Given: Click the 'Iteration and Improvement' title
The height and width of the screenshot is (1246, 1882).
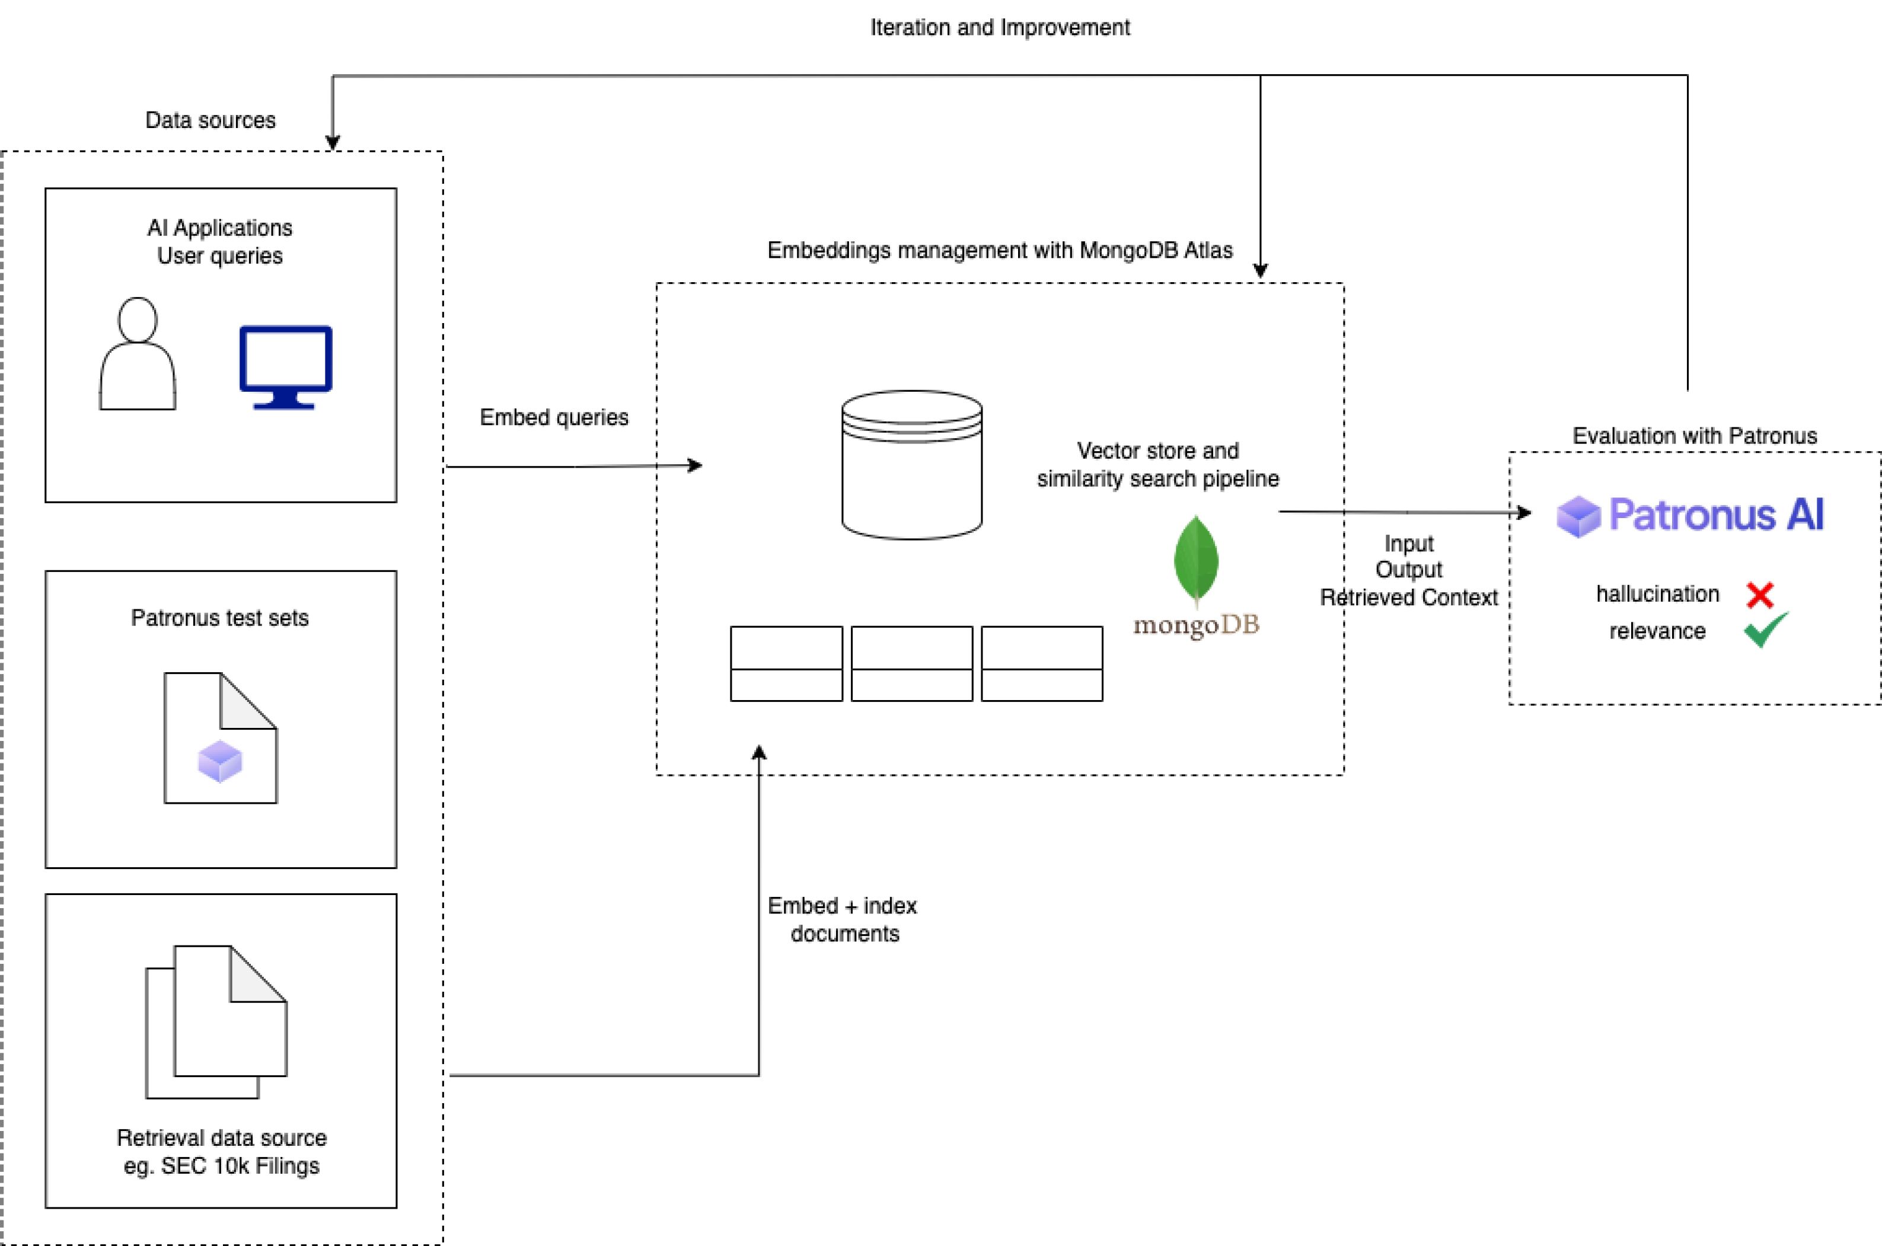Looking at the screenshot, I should [999, 28].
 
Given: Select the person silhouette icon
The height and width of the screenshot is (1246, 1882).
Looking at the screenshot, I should [138, 354].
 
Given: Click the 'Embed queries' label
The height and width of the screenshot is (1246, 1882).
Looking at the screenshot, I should [554, 417].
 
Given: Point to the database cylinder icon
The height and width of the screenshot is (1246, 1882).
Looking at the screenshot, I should [911, 465].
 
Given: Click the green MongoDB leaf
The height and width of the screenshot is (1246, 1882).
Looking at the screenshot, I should [1196, 560].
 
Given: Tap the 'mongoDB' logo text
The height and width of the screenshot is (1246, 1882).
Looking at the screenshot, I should [1196, 625].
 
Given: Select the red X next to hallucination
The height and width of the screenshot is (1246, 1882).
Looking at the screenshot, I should [1760, 595].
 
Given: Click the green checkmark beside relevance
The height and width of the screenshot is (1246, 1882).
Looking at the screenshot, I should [1765, 630].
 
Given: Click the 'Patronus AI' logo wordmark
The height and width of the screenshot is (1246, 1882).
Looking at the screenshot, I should [1715, 515].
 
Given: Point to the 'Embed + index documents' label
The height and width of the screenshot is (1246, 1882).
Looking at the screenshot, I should [843, 919].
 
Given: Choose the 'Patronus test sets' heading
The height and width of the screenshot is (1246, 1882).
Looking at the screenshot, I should [219, 618].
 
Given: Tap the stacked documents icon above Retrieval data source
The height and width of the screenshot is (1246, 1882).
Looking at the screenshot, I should [216, 1021].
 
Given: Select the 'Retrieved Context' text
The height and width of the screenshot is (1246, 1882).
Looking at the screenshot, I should [1408, 598].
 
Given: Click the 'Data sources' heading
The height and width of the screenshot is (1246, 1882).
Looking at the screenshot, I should [210, 120].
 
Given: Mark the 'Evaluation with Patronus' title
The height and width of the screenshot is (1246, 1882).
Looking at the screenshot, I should [1695, 436].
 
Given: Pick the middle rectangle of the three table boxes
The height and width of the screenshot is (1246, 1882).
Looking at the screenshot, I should [911, 663].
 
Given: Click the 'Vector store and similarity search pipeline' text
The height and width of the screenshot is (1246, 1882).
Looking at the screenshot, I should [1157, 465].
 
